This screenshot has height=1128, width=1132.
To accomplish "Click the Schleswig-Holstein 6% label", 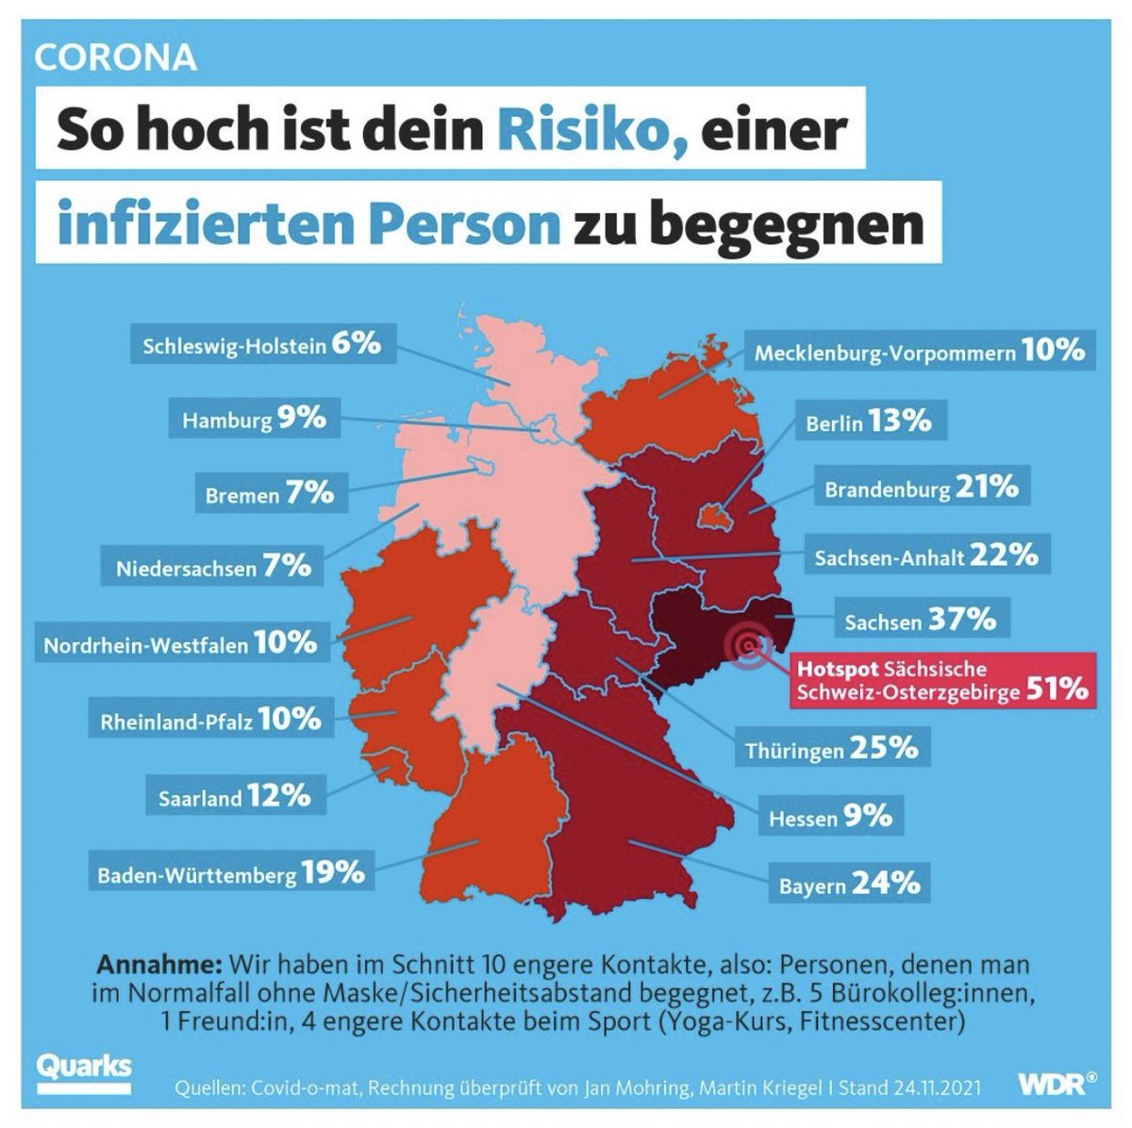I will tap(261, 344).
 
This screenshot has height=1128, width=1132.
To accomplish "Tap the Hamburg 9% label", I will tap(255, 418).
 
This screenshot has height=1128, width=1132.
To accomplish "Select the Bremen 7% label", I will tap(269, 492).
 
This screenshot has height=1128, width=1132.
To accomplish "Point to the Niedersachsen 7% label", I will tap(213, 568).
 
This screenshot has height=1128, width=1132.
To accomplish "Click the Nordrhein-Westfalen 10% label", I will tap(180, 644).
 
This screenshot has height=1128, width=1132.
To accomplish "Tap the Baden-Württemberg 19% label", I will tap(231, 873).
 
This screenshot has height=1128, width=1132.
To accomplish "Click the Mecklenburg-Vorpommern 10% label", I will tap(919, 352).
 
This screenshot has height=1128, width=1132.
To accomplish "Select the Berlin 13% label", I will tap(868, 422).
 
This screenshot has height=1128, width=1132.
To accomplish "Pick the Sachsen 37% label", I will tap(920, 621).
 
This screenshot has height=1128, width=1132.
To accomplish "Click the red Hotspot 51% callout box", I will tap(941, 679).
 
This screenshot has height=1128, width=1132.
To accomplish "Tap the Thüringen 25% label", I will tap(831, 749).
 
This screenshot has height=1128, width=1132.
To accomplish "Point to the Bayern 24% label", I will tap(848, 885).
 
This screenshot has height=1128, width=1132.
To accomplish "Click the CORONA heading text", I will tap(115, 58).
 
